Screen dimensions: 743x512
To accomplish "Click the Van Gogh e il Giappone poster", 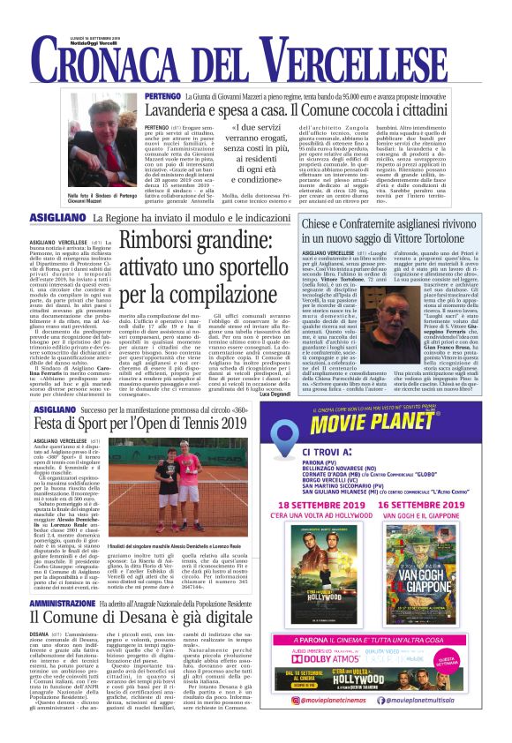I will pos(438,599).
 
